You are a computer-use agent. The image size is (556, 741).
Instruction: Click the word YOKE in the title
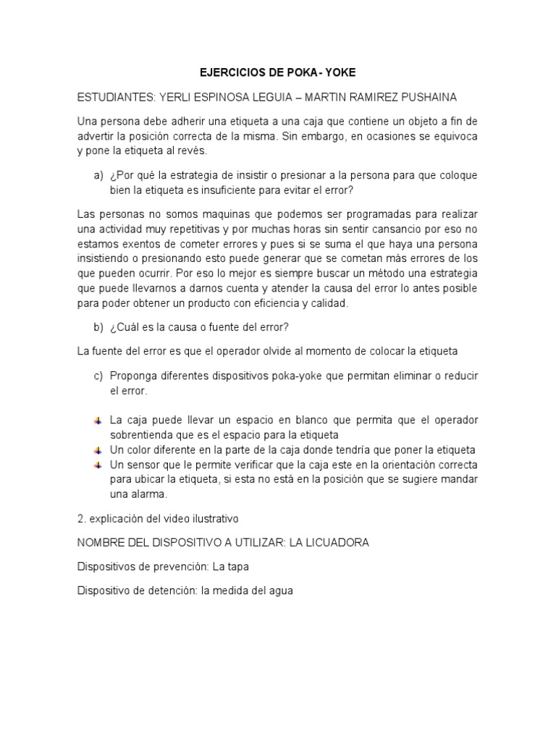tap(341, 73)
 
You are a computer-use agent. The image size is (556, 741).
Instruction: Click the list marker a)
tap(98, 177)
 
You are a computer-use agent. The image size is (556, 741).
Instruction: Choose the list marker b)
tap(98, 328)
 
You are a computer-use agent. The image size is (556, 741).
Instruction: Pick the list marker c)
tap(98, 376)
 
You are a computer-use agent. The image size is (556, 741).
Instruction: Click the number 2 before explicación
tap(80, 519)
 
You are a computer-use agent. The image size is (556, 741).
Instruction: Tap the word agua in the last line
tap(279, 590)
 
